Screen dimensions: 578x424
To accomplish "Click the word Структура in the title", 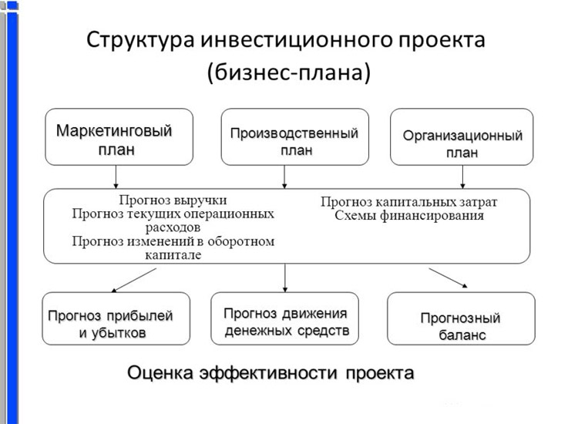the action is [140, 40].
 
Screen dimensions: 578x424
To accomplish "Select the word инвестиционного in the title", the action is [296, 39].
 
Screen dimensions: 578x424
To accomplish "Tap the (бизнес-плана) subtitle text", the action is [289, 72].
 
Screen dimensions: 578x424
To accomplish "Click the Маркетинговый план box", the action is [119, 136].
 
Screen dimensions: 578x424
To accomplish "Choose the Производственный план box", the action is [295, 136].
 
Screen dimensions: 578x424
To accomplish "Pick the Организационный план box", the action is [462, 136].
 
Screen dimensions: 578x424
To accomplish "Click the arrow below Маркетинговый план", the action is [116, 177].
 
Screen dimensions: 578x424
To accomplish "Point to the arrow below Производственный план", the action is [284, 177].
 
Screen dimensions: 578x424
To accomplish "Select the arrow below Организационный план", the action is [462, 177].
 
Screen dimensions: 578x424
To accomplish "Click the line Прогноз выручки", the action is [173, 200].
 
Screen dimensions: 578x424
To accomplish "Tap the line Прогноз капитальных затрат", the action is [408, 202].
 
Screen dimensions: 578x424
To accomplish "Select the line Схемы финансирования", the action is [409, 215].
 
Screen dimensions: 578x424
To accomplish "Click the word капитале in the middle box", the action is [173, 254].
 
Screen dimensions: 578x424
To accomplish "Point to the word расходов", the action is [173, 227].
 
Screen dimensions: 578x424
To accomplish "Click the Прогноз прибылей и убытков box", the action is [116, 318].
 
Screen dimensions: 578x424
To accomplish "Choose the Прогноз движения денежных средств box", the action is [284, 318].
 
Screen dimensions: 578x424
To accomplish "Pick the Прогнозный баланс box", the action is [461, 318].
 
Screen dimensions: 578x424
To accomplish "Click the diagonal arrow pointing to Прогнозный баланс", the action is [448, 278].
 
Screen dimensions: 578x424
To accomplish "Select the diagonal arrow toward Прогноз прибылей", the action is [134, 280].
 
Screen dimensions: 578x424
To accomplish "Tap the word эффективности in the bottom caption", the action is [268, 373].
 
